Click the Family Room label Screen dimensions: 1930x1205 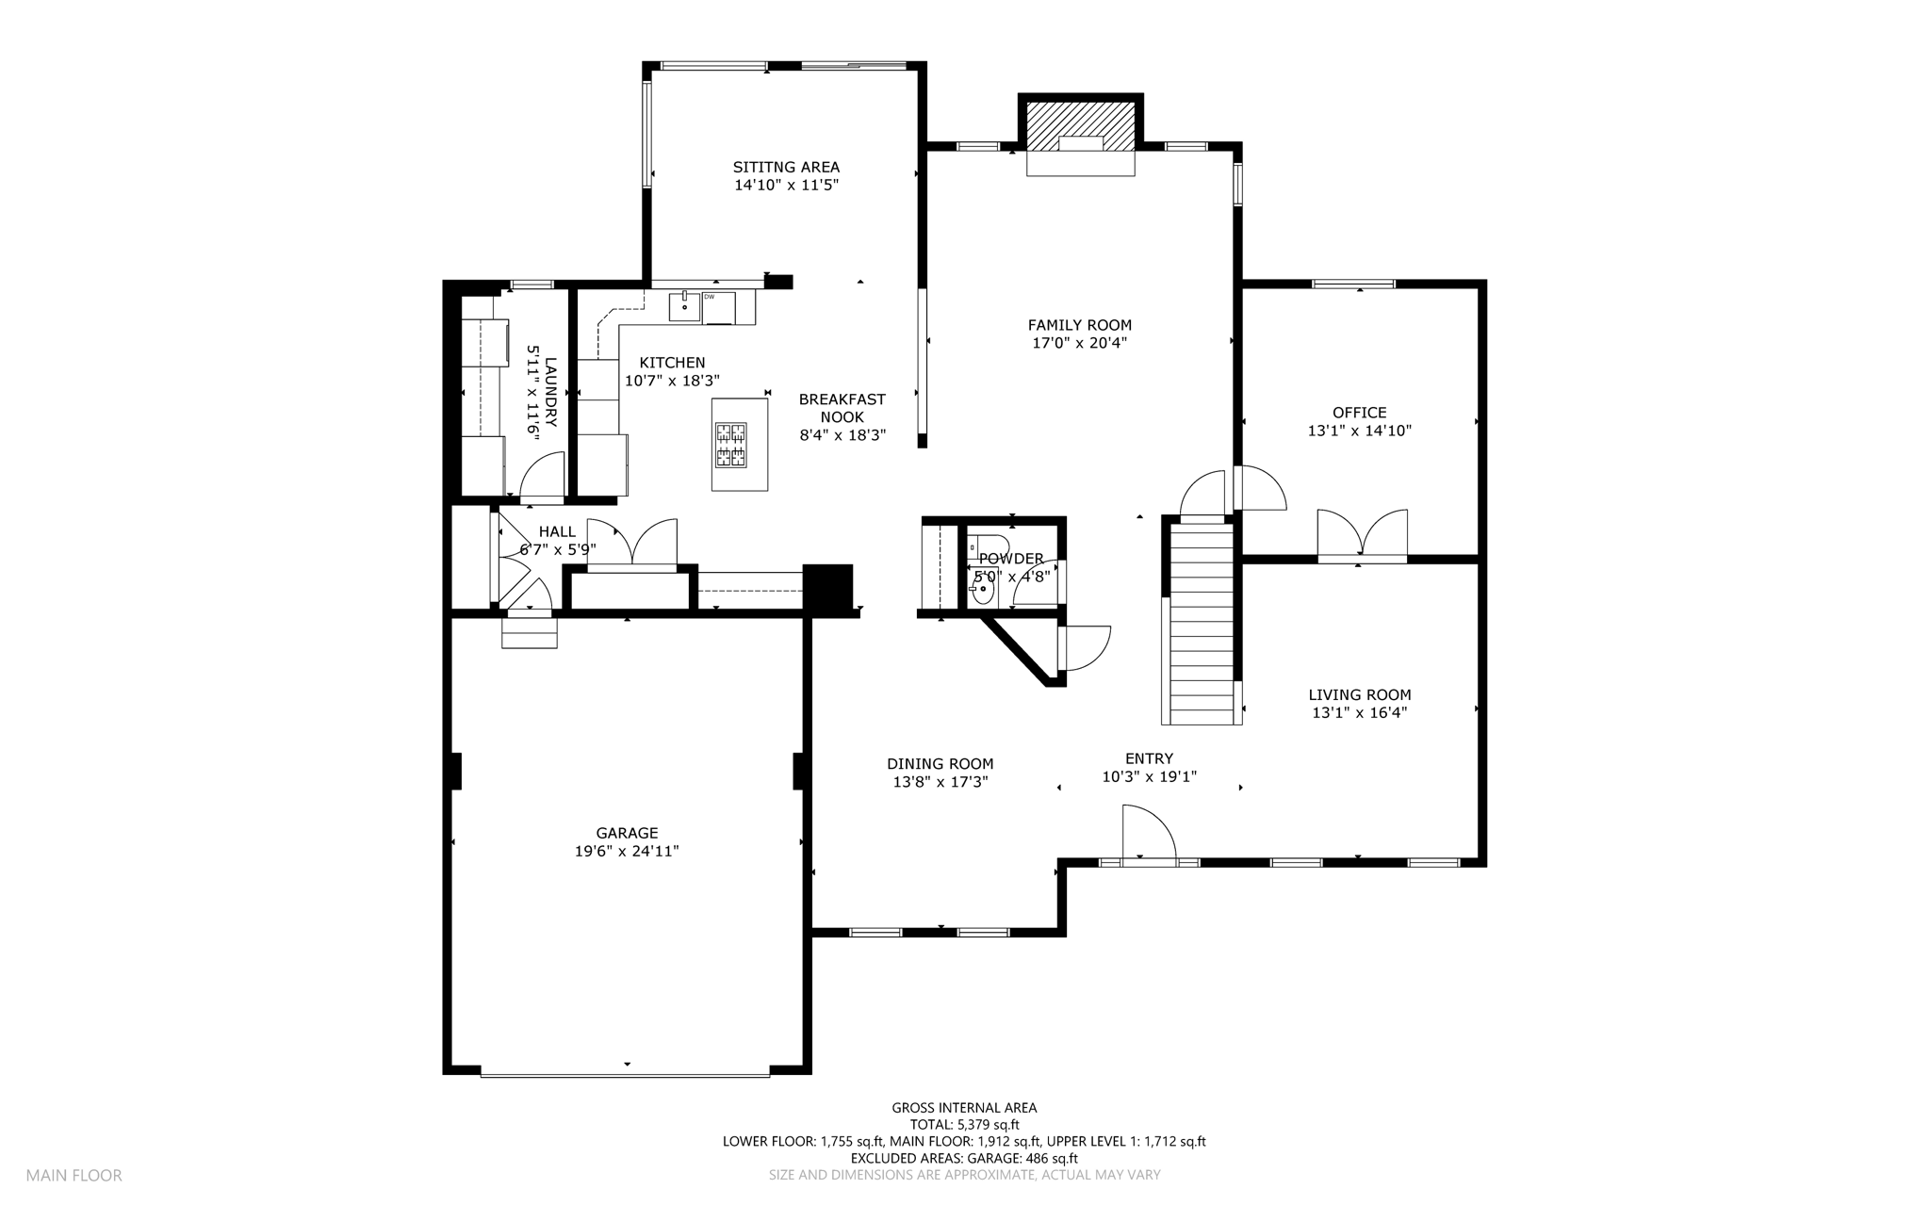(1079, 326)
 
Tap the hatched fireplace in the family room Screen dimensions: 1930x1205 (1080, 126)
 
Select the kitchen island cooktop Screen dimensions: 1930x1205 (730, 445)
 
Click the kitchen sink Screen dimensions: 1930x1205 (684, 306)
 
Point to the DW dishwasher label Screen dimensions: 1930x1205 (709, 297)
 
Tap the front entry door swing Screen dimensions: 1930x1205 (1149, 832)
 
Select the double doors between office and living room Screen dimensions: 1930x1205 (1362, 535)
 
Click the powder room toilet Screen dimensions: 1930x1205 (986, 546)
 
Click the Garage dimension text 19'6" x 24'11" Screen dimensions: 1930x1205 (627, 851)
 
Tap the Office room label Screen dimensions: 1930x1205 (1359, 413)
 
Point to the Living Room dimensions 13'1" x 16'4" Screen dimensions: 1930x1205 (1359, 713)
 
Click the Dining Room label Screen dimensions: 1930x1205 (940, 764)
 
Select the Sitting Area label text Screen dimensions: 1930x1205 (786, 168)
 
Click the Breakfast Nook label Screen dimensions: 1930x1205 (842, 408)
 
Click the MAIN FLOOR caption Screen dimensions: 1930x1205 (74, 1176)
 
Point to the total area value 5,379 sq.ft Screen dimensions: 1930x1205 (987, 1125)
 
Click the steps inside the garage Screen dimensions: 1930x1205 (529, 632)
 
